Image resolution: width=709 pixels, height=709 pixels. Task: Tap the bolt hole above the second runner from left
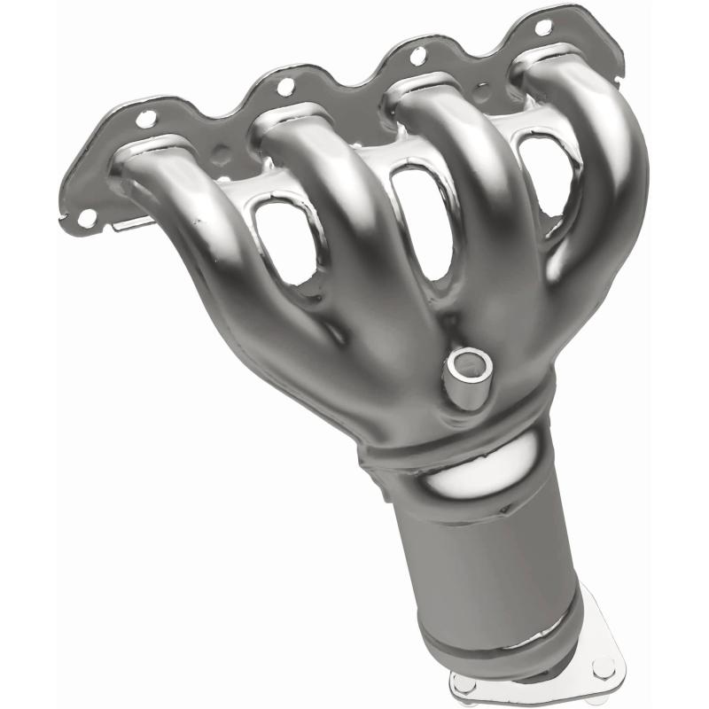point(285,86)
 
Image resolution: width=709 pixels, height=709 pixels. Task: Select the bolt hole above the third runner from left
point(417,58)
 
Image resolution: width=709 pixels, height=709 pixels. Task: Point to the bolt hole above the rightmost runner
point(543,27)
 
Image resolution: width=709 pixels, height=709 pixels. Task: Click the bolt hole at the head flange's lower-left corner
point(86,216)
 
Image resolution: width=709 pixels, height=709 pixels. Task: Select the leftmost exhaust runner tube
point(204,230)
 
